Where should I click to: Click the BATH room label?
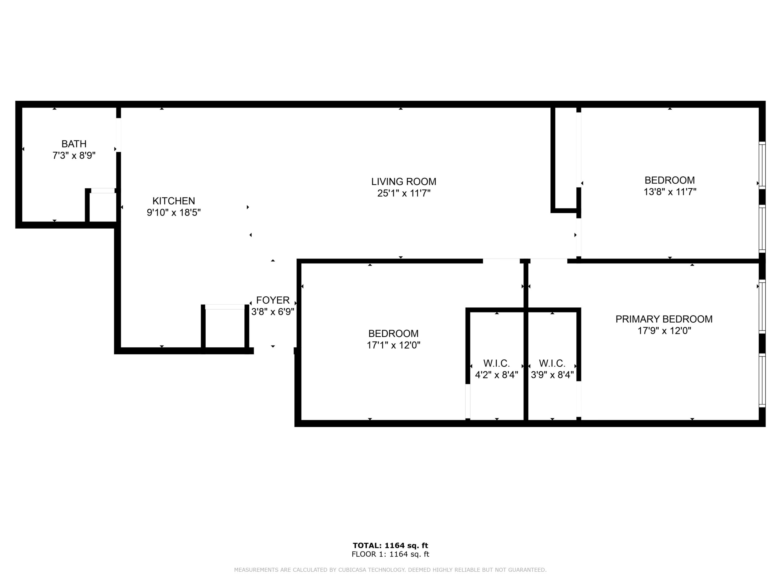74,144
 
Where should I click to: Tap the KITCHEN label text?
174,201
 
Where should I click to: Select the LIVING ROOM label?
404,182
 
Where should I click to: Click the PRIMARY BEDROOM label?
664,319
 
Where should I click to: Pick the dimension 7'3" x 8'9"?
74,155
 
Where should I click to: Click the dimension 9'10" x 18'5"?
174,213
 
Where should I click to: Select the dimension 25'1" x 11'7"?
404,193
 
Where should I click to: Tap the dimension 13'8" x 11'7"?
670,192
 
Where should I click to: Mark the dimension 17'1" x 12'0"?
393,345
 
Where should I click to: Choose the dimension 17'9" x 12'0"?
664,331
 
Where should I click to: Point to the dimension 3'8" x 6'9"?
272,312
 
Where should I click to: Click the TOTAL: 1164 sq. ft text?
390,546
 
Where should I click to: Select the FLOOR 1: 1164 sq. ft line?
390,554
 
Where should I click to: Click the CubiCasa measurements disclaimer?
390,570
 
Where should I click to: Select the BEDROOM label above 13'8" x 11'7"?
670,180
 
